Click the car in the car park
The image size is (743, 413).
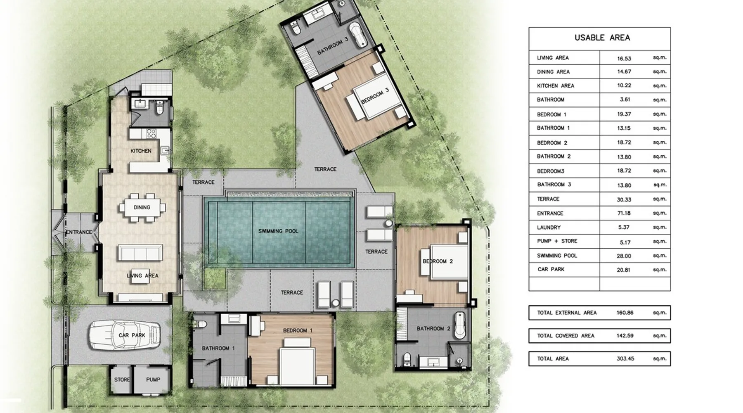[125, 335]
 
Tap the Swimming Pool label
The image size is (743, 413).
[278, 231]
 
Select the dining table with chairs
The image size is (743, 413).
[142, 207]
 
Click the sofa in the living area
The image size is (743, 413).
[140, 252]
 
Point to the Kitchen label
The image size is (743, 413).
[141, 151]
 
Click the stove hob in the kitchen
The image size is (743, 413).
[151, 133]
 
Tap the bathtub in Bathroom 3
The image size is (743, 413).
[358, 35]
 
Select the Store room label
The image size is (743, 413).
[122, 380]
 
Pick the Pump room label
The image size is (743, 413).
[153, 380]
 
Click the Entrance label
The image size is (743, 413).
[79, 232]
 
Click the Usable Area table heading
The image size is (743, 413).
[602, 38]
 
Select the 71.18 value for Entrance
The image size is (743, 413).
[624, 214]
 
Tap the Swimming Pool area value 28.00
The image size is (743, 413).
[624, 256]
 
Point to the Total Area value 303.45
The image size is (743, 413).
[625, 358]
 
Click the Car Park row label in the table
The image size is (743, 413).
[551, 269]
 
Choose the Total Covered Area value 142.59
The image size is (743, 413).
[625, 336]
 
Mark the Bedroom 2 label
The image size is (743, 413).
[438, 261]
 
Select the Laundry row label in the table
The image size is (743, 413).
[549, 228]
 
